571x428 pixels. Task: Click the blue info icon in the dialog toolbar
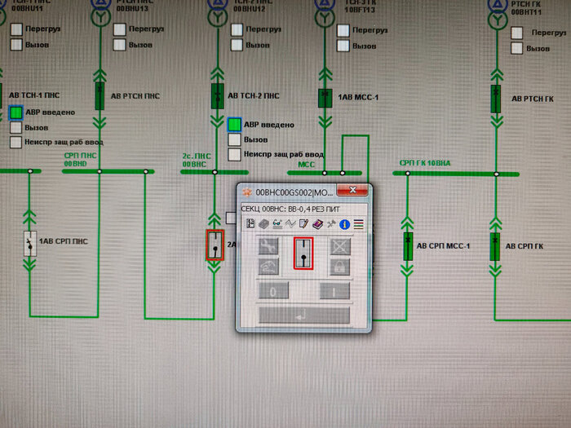345,223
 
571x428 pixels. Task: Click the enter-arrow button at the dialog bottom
303,315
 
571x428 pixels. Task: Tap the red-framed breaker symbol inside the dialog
303,253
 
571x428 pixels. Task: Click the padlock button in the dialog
339,267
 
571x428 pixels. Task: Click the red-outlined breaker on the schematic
215,245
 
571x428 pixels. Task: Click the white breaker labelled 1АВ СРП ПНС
29,242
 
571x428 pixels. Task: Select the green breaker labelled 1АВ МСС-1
324,98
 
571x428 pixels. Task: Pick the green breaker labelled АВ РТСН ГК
495,98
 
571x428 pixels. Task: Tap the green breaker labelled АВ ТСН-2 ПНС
217,95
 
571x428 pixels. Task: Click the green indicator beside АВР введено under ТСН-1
16,112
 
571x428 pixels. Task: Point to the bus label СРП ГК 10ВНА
424,164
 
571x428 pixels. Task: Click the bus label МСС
306,164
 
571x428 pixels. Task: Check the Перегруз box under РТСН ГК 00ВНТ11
516,33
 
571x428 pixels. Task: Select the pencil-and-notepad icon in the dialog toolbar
305,223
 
